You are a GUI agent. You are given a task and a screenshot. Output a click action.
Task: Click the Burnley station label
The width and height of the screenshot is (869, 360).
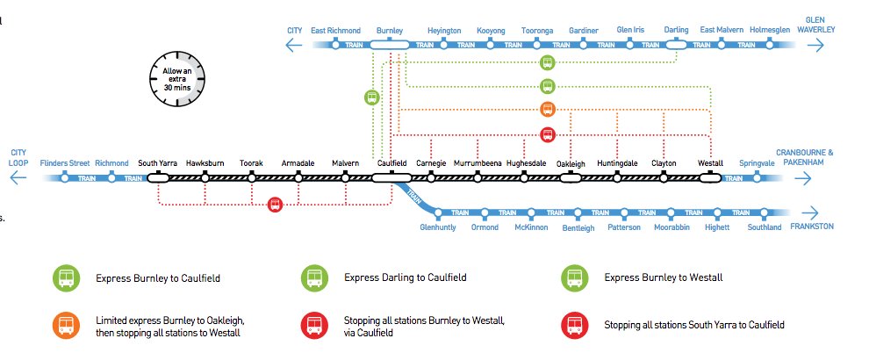point(389,31)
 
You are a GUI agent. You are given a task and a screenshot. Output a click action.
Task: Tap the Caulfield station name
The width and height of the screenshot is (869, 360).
point(391,163)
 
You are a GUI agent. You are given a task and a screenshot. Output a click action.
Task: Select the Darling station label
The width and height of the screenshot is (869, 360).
point(676,31)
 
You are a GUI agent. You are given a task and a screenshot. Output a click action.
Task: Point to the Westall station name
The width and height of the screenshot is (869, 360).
point(709,163)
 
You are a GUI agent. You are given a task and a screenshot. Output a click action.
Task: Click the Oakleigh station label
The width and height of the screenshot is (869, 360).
point(571,164)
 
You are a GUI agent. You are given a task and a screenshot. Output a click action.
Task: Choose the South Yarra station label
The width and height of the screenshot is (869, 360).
point(158,163)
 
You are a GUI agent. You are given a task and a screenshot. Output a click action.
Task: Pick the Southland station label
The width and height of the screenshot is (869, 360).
point(764,227)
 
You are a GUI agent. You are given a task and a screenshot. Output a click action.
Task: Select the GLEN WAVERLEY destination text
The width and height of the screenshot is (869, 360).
point(821,24)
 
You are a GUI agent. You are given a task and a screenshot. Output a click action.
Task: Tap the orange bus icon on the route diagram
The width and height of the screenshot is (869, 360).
point(547,110)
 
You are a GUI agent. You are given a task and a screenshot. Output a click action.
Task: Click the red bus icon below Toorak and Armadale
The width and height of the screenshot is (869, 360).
point(276,205)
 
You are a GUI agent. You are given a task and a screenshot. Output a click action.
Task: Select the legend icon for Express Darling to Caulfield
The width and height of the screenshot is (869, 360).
point(313,278)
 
